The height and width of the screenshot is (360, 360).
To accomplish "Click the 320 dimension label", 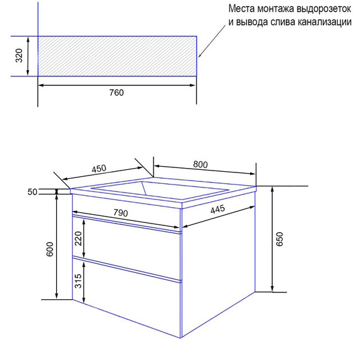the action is click(19, 56).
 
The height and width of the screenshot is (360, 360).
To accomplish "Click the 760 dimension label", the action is click(116, 92).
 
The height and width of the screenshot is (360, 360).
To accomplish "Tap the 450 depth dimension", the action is click(99, 169).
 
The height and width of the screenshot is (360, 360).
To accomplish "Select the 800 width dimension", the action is click(200, 164).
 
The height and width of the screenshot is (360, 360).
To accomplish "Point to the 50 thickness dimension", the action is click(32, 192).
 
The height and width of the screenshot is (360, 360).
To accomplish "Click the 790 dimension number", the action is click(121, 213).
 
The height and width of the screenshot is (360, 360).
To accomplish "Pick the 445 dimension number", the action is click(218, 209).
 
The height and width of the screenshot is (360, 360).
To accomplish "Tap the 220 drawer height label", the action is click(78, 239).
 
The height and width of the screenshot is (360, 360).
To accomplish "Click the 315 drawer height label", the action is click(78, 281).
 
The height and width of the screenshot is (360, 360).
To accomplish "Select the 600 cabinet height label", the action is click(50, 249).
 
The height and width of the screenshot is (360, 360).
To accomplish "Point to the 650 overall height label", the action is click(279, 239).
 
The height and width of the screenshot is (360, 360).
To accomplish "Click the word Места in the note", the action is click(241, 9).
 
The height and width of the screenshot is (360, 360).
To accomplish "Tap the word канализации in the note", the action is click(325, 22).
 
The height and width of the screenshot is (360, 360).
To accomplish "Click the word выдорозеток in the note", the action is click(324, 9).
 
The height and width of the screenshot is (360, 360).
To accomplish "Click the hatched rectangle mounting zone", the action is click(117, 56).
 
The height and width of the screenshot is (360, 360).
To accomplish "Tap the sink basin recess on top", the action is click(160, 189).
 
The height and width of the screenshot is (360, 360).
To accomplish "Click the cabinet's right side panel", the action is click(218, 264).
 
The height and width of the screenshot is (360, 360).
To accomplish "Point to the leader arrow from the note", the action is click(212, 41).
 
